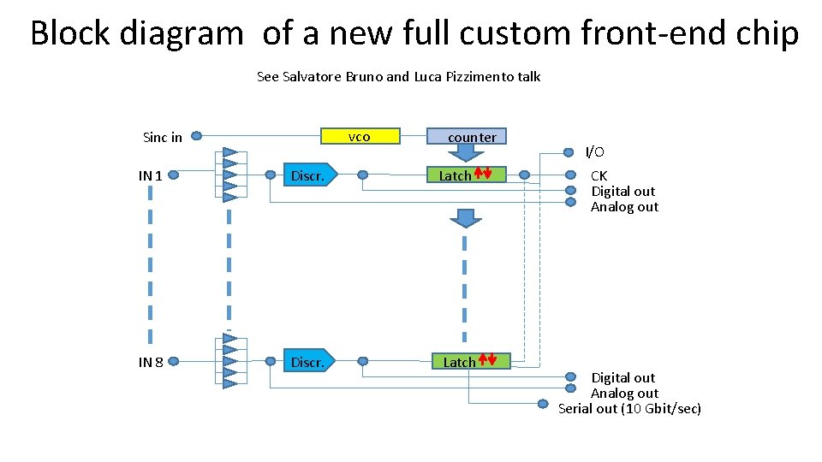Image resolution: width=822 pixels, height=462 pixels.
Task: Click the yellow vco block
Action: [x=360, y=136]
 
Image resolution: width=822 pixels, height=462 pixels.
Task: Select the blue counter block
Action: [x=467, y=137]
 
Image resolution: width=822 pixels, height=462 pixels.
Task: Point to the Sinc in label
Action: [x=162, y=137]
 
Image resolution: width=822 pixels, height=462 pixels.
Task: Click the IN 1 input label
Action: [x=151, y=175]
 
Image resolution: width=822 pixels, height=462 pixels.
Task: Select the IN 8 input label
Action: [x=151, y=362]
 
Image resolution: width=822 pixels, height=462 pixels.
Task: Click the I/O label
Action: [x=594, y=152]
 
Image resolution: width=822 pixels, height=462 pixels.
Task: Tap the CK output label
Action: [x=599, y=175]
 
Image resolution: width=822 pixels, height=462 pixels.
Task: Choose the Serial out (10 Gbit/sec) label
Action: [x=629, y=409]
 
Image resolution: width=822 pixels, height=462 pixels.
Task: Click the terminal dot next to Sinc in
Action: [x=196, y=135]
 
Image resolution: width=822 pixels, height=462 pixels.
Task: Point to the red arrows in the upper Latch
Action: [x=483, y=174]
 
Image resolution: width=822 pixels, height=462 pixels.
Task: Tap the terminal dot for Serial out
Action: [x=542, y=404]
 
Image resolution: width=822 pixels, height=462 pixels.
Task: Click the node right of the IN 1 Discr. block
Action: [x=363, y=175]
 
